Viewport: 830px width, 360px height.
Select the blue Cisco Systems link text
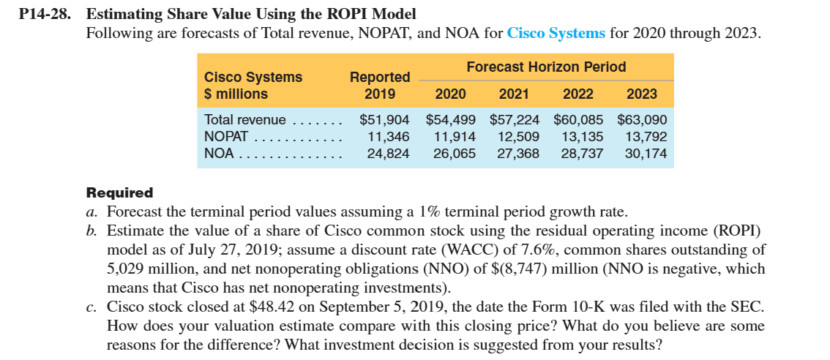click(x=556, y=33)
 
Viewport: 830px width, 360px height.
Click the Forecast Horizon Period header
click(x=546, y=67)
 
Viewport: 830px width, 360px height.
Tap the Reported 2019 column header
click(x=380, y=85)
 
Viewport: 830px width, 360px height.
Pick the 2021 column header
click(x=514, y=94)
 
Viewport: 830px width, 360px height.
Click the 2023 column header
click(x=642, y=94)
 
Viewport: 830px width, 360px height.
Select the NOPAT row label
click(x=228, y=136)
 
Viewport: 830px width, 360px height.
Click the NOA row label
click(x=219, y=153)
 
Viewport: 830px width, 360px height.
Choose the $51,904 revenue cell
click(x=384, y=119)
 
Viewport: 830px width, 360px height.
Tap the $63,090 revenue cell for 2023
click(x=642, y=119)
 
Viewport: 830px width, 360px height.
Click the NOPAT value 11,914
click(x=455, y=136)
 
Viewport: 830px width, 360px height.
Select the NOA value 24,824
click(x=388, y=153)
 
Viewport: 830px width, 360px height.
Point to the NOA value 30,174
click(x=646, y=153)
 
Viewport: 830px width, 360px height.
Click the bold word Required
click(x=120, y=193)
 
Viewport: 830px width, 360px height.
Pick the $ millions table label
click(x=236, y=94)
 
